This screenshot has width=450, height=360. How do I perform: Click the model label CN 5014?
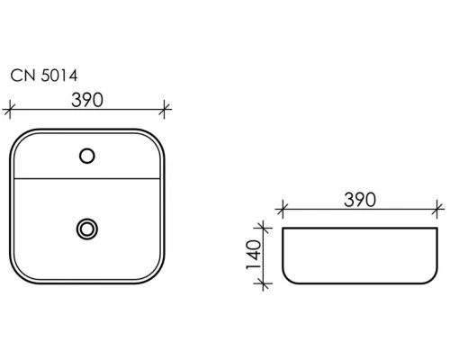coord(44,76)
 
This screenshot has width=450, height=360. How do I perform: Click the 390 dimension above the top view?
coord(87,100)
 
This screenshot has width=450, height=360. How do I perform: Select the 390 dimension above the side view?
coord(360,200)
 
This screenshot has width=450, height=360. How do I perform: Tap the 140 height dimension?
coord(254,255)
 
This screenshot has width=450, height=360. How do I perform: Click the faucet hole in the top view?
coord(87,156)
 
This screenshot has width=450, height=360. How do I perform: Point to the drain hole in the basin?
coord(87,229)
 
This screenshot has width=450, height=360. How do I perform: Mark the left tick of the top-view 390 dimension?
coord(10,109)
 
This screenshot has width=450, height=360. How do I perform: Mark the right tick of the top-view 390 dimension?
coord(164,109)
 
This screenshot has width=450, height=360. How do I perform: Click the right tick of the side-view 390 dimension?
coord(437,209)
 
